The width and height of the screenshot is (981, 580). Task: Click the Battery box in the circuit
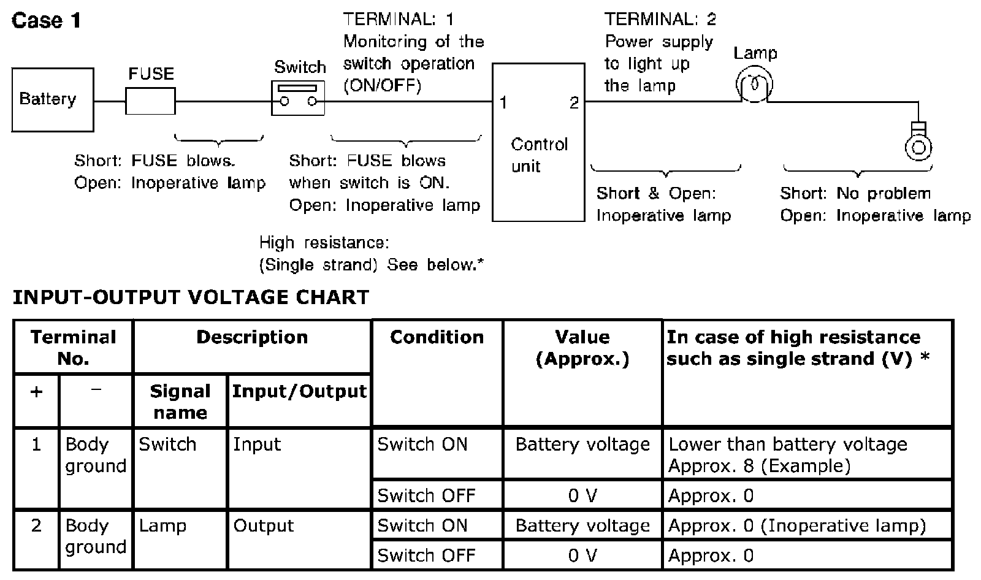click(x=53, y=99)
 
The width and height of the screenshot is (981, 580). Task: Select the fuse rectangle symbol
click(x=150, y=101)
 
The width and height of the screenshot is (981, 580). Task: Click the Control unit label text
click(x=539, y=155)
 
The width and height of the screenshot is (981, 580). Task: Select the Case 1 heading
click(x=47, y=21)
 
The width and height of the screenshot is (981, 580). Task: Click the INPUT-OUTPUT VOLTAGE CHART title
click(x=191, y=297)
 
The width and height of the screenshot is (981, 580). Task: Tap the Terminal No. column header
click(x=73, y=347)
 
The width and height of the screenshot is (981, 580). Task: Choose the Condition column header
click(x=437, y=337)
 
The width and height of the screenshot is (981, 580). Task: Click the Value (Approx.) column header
click(x=582, y=347)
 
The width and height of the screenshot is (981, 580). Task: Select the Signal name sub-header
click(x=180, y=402)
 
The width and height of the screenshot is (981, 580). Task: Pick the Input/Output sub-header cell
click(x=299, y=391)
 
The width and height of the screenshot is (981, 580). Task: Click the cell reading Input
click(x=256, y=445)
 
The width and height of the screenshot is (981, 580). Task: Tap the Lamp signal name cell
click(x=162, y=526)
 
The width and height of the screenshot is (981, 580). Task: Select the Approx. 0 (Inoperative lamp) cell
click(x=796, y=526)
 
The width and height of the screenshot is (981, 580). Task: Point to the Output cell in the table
click(x=264, y=526)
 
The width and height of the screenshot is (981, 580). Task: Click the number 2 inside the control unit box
click(x=574, y=103)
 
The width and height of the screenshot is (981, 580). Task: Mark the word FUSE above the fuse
click(x=151, y=74)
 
